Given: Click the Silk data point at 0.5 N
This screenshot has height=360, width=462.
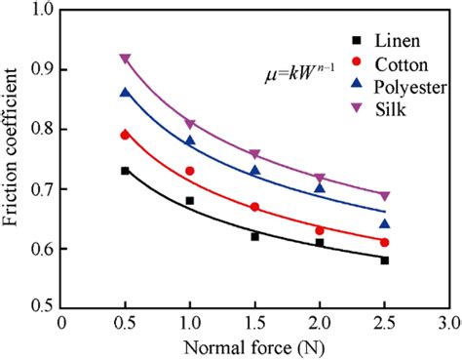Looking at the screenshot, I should pyautogui.click(x=125, y=59).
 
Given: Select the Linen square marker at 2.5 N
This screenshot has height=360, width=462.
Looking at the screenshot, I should pyautogui.click(x=384, y=260).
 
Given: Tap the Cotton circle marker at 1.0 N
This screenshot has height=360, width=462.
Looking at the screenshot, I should pyautogui.click(x=190, y=171).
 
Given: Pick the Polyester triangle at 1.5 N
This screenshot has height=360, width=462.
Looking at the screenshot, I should pyautogui.click(x=254, y=171).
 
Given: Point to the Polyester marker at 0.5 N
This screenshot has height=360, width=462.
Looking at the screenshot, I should pyautogui.click(x=125, y=93).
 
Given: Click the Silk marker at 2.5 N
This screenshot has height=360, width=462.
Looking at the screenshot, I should pyautogui.click(x=384, y=195).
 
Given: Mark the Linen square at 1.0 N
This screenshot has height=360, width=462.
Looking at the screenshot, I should pyautogui.click(x=190, y=200).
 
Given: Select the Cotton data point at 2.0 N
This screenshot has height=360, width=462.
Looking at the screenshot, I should pyautogui.click(x=320, y=230).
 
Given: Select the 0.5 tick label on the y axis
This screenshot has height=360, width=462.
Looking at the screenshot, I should pyautogui.click(x=42, y=307).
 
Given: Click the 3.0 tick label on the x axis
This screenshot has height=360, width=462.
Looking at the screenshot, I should pyautogui.click(x=447, y=321).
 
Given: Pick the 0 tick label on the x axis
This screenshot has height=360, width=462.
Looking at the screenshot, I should pyautogui.click(x=60, y=321).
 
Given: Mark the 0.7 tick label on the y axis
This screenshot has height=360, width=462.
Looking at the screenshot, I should pyautogui.click(x=42, y=188).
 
